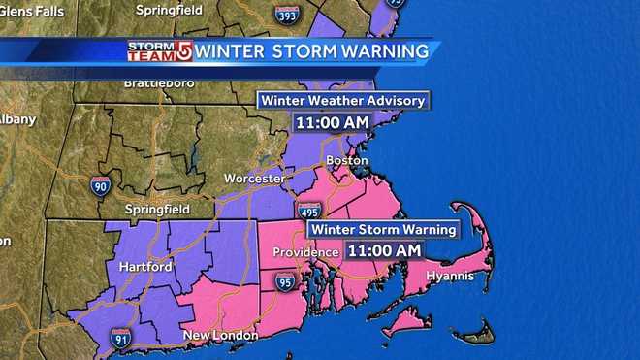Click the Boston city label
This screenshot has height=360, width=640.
pos(348,160)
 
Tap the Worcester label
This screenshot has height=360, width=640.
pos(253,180)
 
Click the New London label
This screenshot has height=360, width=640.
pos(222,336)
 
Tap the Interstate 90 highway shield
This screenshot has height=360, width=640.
pos(100,184)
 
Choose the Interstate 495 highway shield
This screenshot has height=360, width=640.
pos(309,212)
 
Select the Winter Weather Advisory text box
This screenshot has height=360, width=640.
pos(340,100)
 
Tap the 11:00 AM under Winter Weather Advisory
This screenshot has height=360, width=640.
pos(334,123)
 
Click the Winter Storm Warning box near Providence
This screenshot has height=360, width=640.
pos(382,230)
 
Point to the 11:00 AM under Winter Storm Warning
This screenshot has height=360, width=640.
pos(384,250)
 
